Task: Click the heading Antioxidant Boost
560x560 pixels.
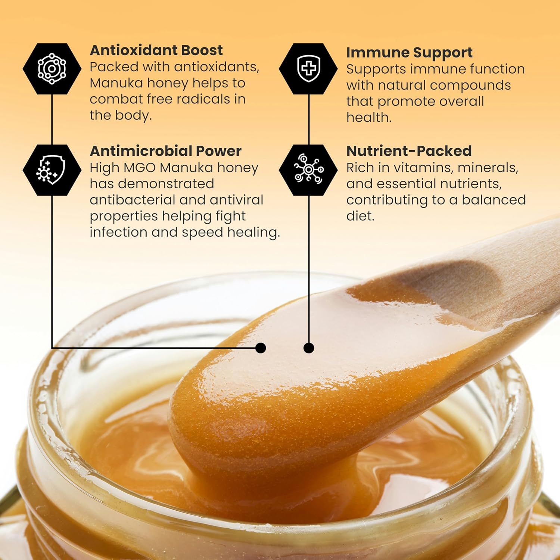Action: pyautogui.click(x=156, y=50)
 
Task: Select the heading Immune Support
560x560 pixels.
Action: pyautogui.click(x=409, y=53)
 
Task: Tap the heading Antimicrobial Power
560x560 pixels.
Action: pyautogui.click(x=165, y=151)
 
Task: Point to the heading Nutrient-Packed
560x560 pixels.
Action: pyautogui.click(x=409, y=151)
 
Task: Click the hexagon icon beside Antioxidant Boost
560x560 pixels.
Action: pyautogui.click(x=52, y=68)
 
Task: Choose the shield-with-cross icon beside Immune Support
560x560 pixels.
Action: pyautogui.click(x=308, y=68)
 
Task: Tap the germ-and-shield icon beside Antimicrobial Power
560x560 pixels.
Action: pyautogui.click(x=52, y=170)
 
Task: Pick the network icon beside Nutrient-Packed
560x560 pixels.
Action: pyautogui.click(x=308, y=170)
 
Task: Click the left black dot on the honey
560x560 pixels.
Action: pyautogui.click(x=261, y=348)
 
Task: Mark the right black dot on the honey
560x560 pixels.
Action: pyautogui.click(x=308, y=348)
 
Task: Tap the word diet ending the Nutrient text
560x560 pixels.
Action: pyautogui.click(x=359, y=216)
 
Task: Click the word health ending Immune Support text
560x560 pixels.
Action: pyautogui.click(x=368, y=118)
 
